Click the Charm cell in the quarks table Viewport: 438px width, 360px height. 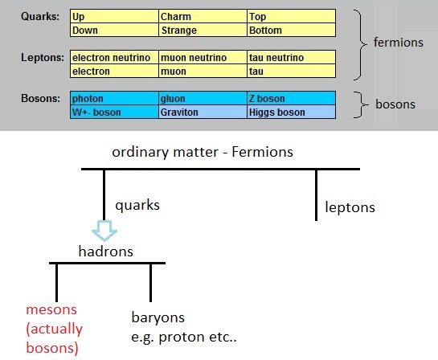pyautogui.click(x=203, y=16)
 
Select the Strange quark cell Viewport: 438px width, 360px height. pyautogui.click(x=203, y=30)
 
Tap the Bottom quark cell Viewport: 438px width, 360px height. pyautogui.click(x=292, y=30)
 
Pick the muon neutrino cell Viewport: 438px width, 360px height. pyautogui.click(x=203, y=57)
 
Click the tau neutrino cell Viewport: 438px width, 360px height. pyautogui.click(x=292, y=57)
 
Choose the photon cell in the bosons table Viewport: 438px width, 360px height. pyautogui.click(x=114, y=98)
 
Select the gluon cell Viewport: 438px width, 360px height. pyautogui.click(x=203, y=98)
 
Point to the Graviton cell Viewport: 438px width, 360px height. pyautogui.click(x=203, y=112)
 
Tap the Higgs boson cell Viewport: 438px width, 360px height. pyautogui.click(x=292, y=112)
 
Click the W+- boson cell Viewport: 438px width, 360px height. pyautogui.click(x=114, y=112)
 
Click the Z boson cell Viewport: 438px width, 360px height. pyautogui.click(x=292, y=98)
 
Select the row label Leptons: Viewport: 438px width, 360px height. pyautogui.click(x=43, y=58)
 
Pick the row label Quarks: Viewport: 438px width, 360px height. pyautogui.click(x=40, y=16)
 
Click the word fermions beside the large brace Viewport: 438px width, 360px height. pyautogui.click(x=399, y=43)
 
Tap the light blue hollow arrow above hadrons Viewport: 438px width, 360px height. pyautogui.click(x=104, y=230)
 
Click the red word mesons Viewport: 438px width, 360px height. pyautogui.click(x=51, y=309)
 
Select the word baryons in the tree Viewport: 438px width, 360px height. pyautogui.click(x=158, y=317)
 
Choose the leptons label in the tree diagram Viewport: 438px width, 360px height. pyautogui.click(x=350, y=207)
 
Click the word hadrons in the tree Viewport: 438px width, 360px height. pyautogui.click(x=106, y=251)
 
